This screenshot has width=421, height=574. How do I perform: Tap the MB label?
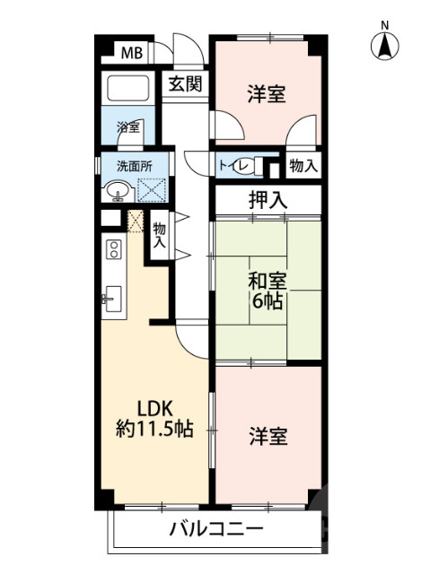132,54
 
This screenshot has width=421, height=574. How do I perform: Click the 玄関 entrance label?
185,85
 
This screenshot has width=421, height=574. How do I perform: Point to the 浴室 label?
128,127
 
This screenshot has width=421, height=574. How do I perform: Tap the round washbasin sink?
117,191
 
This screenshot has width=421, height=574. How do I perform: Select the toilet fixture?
262,167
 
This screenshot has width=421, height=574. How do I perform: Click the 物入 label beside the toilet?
301,167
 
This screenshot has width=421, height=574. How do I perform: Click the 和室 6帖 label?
267,291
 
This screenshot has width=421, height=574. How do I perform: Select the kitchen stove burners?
114,248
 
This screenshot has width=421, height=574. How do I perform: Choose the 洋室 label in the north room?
267,94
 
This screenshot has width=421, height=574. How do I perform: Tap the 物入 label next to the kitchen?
160,236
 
